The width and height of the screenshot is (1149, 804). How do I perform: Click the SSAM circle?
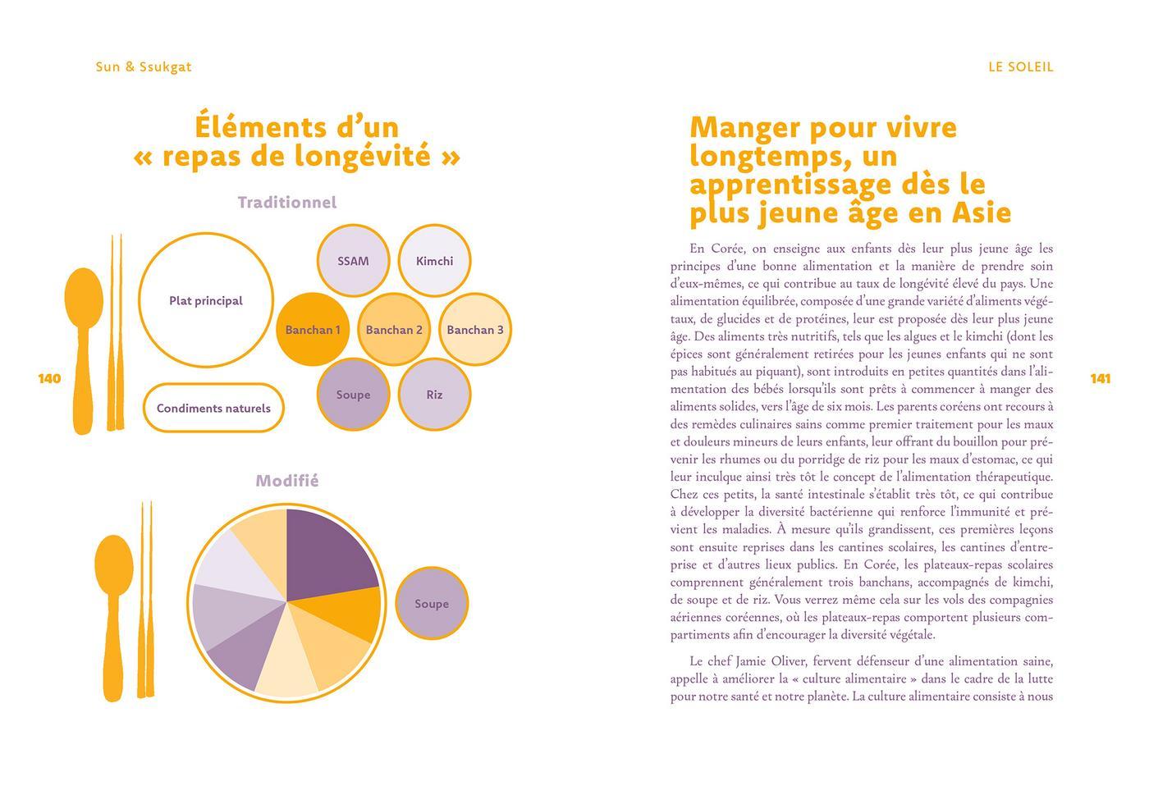(353, 261)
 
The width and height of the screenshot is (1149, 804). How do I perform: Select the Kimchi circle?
(434, 261)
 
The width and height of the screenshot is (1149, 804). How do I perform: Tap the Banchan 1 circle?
(313, 330)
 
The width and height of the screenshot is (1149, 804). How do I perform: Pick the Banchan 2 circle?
(394, 330)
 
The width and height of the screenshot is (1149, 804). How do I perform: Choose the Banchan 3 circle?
(475, 330)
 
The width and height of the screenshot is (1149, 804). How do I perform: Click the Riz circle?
(434, 395)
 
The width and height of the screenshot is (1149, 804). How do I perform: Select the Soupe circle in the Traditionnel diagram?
(353, 395)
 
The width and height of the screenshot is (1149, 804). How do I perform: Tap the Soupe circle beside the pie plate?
(432, 604)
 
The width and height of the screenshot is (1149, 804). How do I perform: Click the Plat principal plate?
(205, 300)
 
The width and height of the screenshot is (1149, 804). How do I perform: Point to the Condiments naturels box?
(213, 408)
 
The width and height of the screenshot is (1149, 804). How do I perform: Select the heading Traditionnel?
(287, 203)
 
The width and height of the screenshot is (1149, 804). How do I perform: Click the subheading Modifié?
(287, 481)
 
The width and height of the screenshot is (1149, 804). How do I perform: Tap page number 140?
(49, 378)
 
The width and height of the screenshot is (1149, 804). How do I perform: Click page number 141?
(1100, 378)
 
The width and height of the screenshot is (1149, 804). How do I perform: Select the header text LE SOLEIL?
(1020, 67)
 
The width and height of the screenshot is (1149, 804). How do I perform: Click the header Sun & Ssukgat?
(144, 67)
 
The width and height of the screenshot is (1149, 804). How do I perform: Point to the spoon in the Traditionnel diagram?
(83, 345)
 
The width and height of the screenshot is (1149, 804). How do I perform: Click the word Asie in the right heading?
(981, 212)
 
